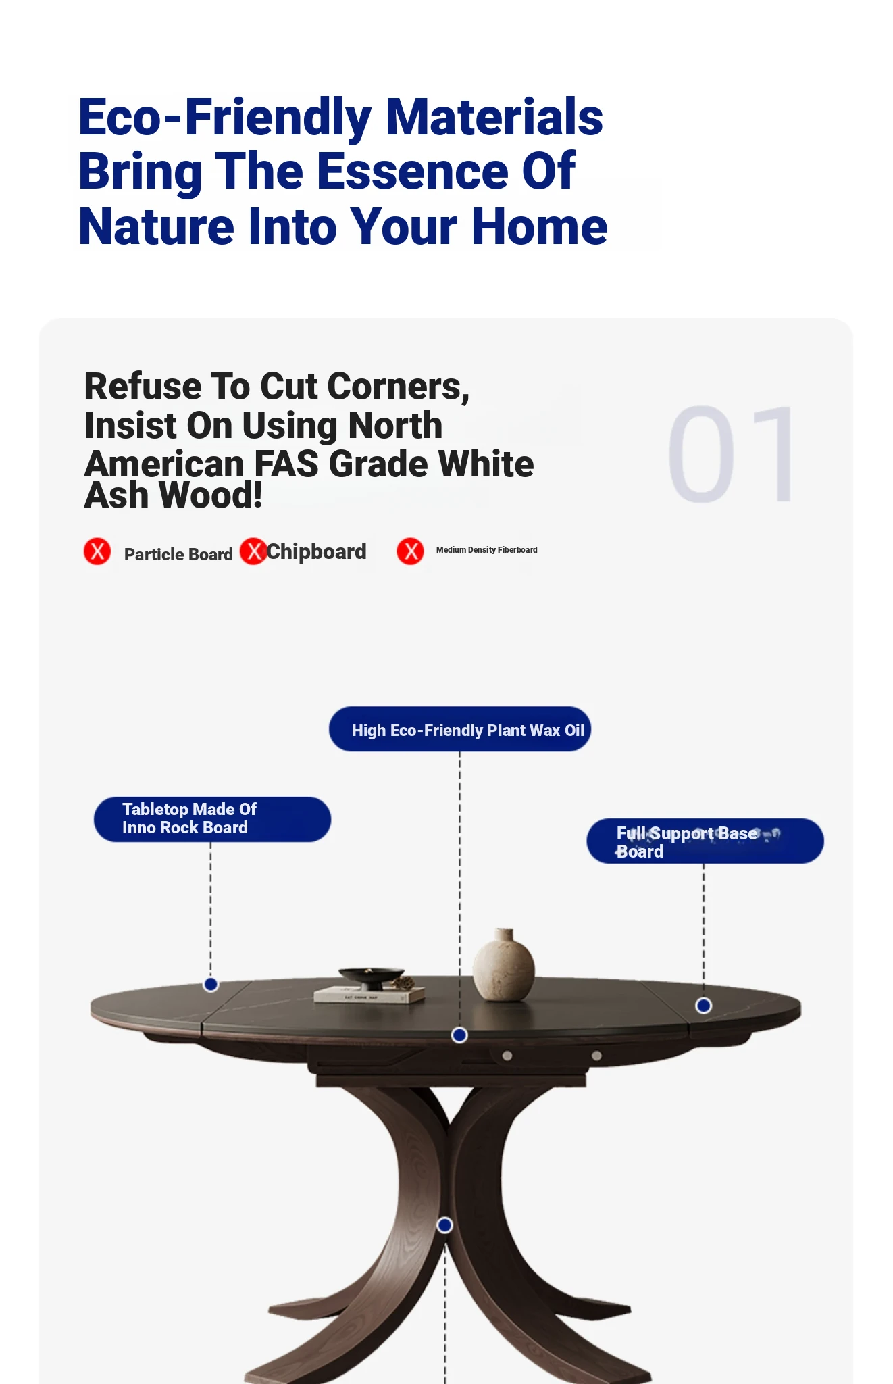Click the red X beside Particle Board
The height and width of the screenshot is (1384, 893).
point(97,551)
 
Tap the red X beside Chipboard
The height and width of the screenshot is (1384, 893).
point(253,551)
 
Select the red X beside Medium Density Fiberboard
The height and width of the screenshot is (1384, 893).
point(410,551)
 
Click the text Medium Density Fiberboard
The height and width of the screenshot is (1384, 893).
point(486,550)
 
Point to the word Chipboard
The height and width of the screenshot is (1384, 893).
point(316,552)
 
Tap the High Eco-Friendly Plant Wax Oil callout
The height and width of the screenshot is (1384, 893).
point(460,729)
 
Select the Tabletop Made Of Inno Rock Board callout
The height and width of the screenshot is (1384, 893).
point(212,819)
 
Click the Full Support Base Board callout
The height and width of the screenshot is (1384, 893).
point(705,841)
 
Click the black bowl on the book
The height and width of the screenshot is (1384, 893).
point(371,978)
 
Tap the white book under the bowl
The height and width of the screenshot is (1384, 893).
point(369,995)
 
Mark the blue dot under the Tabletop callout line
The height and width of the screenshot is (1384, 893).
point(211,985)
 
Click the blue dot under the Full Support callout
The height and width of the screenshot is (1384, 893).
point(703,1006)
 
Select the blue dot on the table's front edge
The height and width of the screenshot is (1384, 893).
point(459,1035)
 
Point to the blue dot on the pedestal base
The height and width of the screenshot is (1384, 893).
point(444,1225)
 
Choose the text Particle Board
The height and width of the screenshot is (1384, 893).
point(178,554)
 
